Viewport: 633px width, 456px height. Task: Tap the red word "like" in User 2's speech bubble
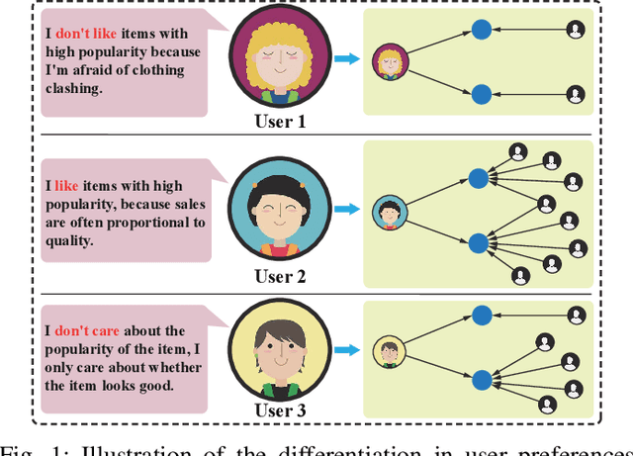[65, 185]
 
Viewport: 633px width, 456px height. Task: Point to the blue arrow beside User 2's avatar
[345, 209]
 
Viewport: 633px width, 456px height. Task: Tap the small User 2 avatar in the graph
[387, 213]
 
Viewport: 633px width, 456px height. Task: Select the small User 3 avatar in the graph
[389, 352]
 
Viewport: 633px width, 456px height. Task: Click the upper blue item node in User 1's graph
[481, 30]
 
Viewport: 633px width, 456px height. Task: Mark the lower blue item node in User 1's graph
[481, 94]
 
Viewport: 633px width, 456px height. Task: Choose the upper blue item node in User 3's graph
[482, 316]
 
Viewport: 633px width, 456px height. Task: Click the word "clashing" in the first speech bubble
[75, 87]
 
